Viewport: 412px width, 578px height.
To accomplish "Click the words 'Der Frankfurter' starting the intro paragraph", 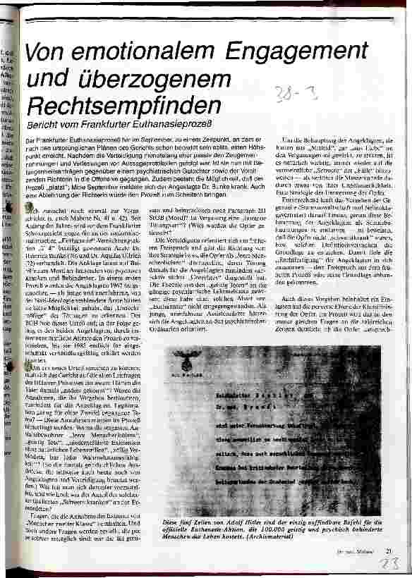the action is coord(51,142).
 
